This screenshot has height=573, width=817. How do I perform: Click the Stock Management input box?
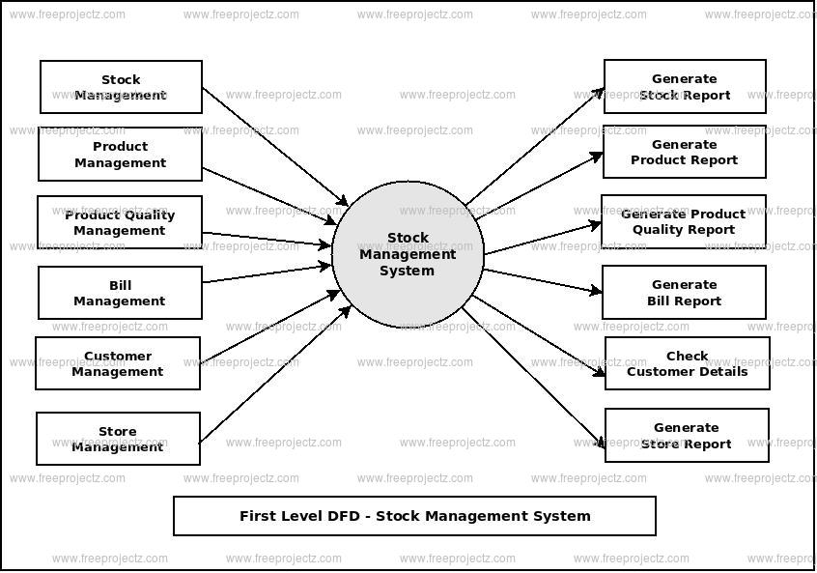[121, 87]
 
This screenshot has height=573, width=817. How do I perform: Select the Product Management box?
[120, 155]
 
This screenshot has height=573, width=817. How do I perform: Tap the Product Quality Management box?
[120, 222]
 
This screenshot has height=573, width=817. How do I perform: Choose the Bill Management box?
[120, 293]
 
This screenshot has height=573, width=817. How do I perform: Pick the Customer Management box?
[118, 363]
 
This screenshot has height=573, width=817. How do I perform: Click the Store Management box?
[118, 439]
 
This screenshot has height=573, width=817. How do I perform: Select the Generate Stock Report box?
[685, 87]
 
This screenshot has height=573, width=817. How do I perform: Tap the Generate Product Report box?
[685, 152]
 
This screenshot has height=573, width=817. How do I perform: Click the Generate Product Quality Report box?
[684, 221]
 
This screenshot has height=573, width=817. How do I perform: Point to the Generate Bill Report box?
[684, 292]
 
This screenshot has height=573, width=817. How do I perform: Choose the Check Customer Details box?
[687, 363]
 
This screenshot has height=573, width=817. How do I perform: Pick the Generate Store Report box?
[687, 435]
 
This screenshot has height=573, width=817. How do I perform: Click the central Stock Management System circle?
[408, 254]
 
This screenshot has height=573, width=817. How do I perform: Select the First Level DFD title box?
[414, 516]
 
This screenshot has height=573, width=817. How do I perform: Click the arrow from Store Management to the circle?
[275, 374]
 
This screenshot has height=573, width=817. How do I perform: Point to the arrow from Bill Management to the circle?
[268, 273]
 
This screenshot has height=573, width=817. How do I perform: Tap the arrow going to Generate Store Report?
[533, 379]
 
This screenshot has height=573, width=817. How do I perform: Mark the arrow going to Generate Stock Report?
[534, 147]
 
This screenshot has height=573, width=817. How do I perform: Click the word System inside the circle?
[407, 271]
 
